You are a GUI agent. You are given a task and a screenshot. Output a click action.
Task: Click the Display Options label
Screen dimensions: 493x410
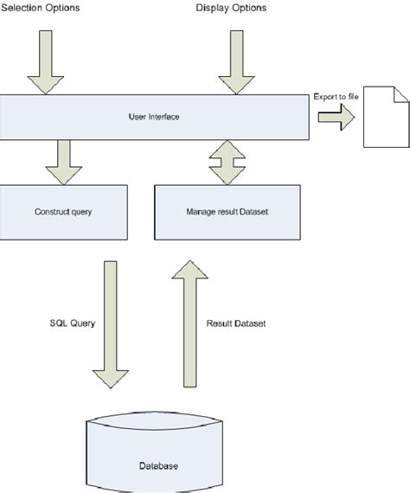coord(232,8)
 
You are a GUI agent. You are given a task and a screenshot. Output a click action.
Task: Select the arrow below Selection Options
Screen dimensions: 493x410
coord(39,61)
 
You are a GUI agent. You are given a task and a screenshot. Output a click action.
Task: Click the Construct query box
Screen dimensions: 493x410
coord(63,212)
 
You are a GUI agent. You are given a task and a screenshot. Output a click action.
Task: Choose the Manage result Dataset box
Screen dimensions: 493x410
coord(227,212)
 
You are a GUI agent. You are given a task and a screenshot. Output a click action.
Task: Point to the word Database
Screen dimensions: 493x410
coord(159,466)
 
